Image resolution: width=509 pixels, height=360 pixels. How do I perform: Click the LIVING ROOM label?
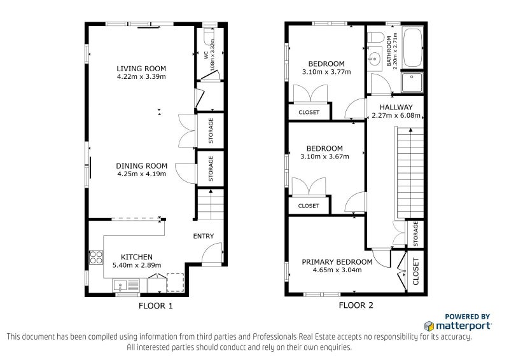pos(141,69)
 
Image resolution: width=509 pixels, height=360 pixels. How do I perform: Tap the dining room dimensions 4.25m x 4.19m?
pos(141,174)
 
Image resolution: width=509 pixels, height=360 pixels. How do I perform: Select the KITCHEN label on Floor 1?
pos(137,257)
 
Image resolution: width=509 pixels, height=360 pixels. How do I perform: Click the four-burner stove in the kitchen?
pos(96,257)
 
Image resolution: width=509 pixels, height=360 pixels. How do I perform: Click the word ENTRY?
pos(204,236)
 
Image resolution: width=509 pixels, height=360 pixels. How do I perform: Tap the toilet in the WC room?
pos(209,36)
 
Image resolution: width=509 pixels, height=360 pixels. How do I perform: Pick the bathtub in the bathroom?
pos(412,47)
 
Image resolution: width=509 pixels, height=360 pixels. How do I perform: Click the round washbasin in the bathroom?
pos(374,59)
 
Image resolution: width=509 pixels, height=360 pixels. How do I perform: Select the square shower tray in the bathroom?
pos(412,82)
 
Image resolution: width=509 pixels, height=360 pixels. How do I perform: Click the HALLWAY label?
pos(396,107)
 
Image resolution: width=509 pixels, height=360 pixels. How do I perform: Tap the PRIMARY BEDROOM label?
pos(337,262)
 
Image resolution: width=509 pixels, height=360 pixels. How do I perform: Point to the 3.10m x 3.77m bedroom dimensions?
pos(326,72)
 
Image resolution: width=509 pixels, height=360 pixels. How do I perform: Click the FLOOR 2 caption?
pos(356,305)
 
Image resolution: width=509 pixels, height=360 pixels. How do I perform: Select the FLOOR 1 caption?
pos(155,306)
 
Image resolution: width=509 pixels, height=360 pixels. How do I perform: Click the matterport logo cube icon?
pos(429,326)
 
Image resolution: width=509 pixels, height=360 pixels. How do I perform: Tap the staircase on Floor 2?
pos(410,173)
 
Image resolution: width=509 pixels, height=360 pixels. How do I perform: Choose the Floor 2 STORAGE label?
pos(415,233)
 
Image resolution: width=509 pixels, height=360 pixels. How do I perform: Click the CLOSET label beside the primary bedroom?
pos(416,272)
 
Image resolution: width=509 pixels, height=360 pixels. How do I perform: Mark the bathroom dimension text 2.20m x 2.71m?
pos(392,51)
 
